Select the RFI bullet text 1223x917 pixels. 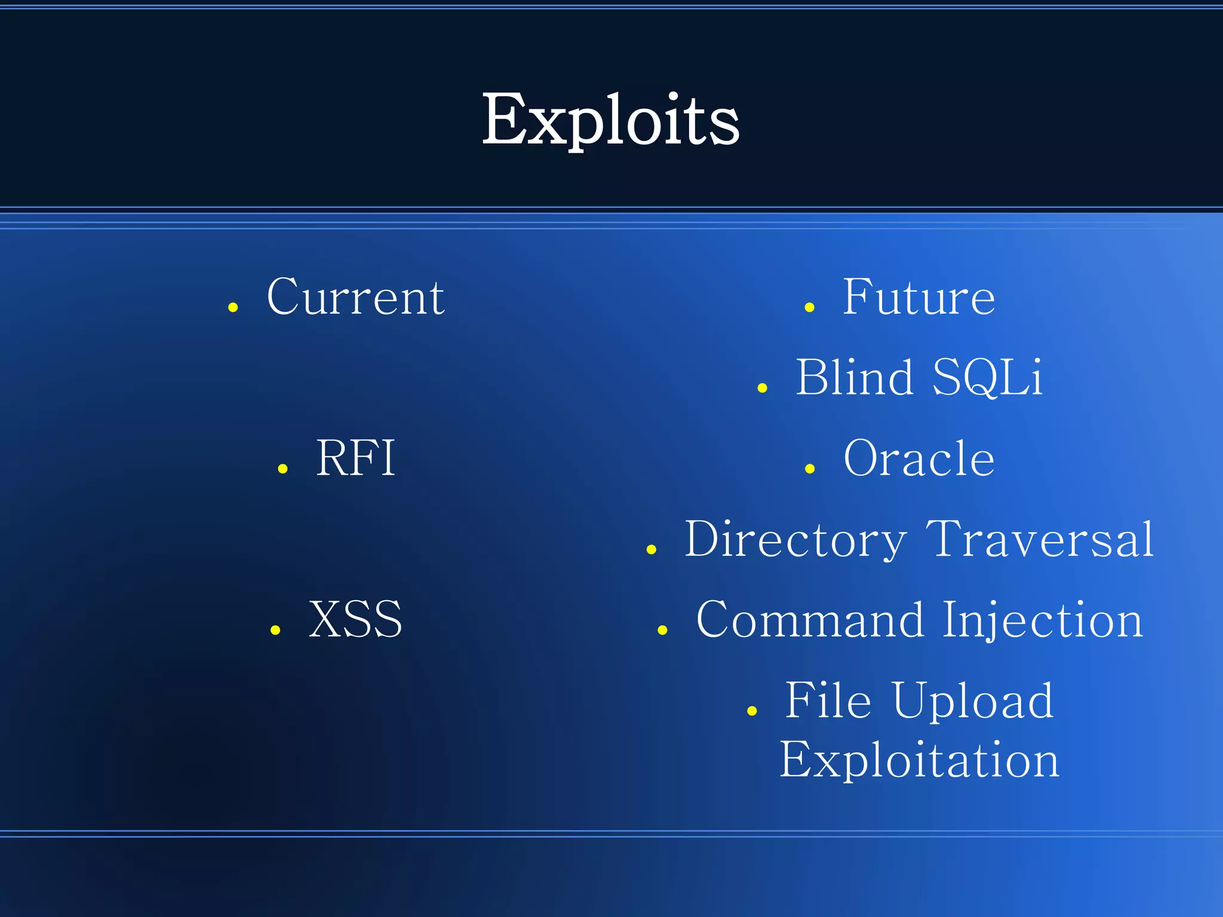(355, 458)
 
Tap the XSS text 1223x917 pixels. (355, 619)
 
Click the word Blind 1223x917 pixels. (855, 377)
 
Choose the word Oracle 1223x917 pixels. (918, 458)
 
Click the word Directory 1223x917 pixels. (795, 539)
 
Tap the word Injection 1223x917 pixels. (1043, 620)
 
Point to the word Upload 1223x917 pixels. (973, 701)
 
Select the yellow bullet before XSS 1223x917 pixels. (275, 630)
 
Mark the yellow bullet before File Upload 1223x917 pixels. (752, 711)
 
